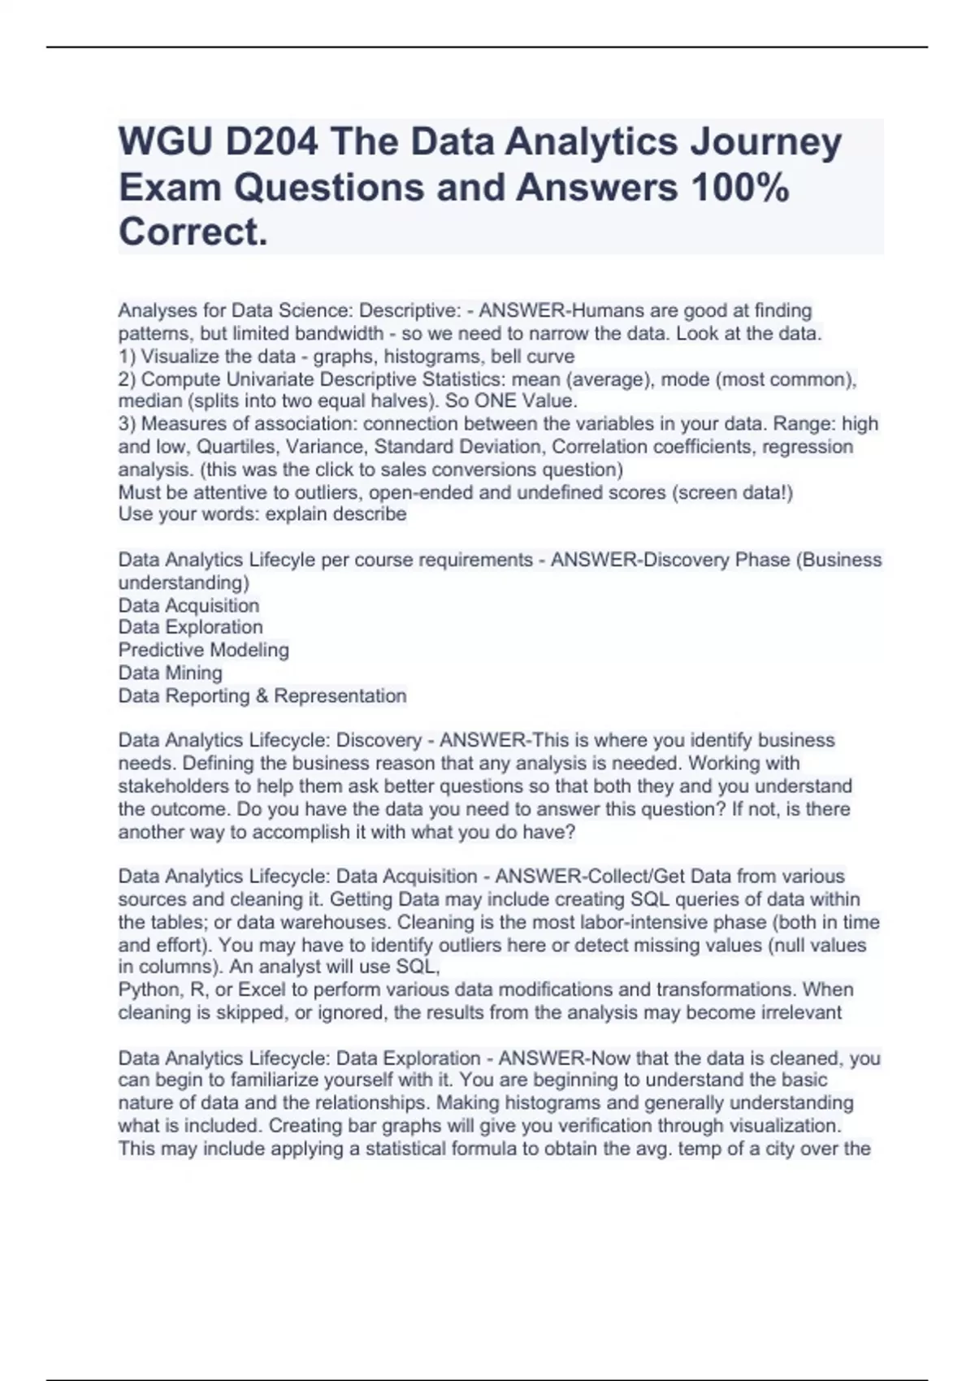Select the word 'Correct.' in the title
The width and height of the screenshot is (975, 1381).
point(193,232)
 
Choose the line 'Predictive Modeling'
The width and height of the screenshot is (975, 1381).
point(203,650)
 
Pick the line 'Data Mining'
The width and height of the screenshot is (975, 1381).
point(170,673)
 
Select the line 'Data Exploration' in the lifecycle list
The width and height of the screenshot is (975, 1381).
point(190,627)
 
